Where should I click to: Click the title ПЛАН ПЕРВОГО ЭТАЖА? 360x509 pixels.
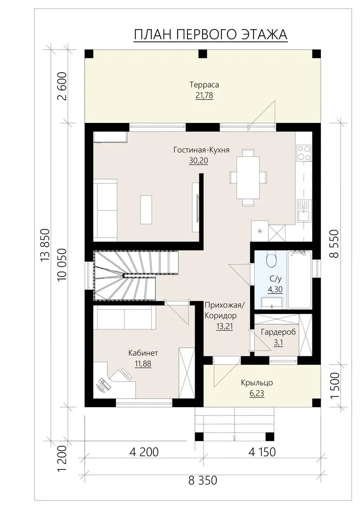(x=210, y=35)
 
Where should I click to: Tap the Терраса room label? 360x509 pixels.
(x=204, y=85)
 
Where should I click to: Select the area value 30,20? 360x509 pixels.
(x=198, y=161)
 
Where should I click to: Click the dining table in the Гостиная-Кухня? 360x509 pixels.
(x=248, y=178)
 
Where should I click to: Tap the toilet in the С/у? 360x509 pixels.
(x=270, y=259)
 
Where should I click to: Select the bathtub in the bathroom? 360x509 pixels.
(x=300, y=279)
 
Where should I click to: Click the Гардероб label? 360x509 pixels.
(x=278, y=332)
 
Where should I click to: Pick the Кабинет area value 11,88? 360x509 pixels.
(x=143, y=364)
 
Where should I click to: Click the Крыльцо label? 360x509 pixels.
(x=257, y=383)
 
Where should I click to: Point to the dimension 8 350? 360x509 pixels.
(x=203, y=480)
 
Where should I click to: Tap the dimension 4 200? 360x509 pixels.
(x=144, y=452)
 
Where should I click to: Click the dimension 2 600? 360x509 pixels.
(x=62, y=86)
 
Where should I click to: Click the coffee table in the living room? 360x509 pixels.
(x=146, y=209)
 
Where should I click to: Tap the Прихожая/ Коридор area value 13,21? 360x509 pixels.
(x=225, y=327)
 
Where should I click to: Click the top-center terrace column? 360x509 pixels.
(x=203, y=54)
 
